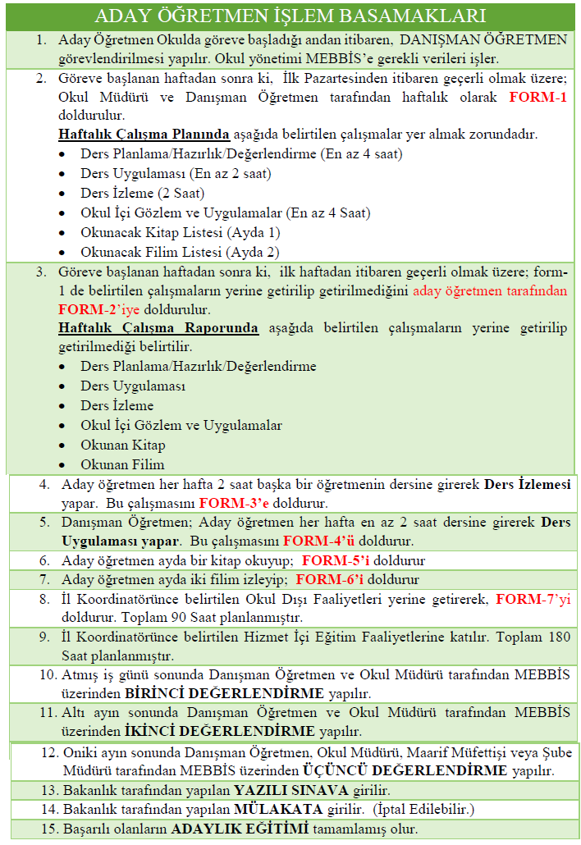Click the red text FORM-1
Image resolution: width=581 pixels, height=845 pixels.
tap(538, 97)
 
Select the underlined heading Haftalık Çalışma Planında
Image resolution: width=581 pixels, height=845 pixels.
tap(144, 134)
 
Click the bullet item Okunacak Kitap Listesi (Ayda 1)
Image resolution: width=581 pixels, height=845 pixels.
tap(180, 232)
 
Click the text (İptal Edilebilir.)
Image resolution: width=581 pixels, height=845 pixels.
tap(437, 810)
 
